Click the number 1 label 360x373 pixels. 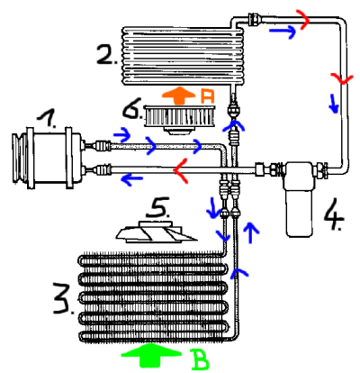pos(48,119)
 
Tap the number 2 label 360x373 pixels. pos(106,55)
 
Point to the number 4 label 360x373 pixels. pos(334,215)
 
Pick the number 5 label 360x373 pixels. pos(157,207)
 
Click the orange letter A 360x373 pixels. pos(207,97)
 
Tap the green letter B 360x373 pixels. pos(200,359)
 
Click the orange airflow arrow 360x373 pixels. pos(178,96)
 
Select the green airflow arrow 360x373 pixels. pos(151,356)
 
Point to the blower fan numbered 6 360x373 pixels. pos(179,120)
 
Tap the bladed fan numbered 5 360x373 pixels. pos(156,232)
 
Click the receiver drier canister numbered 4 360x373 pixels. pos(299,198)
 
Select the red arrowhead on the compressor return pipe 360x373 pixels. pos(181,170)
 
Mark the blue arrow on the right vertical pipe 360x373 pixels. pos(334,104)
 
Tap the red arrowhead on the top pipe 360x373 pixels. pos(303,19)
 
